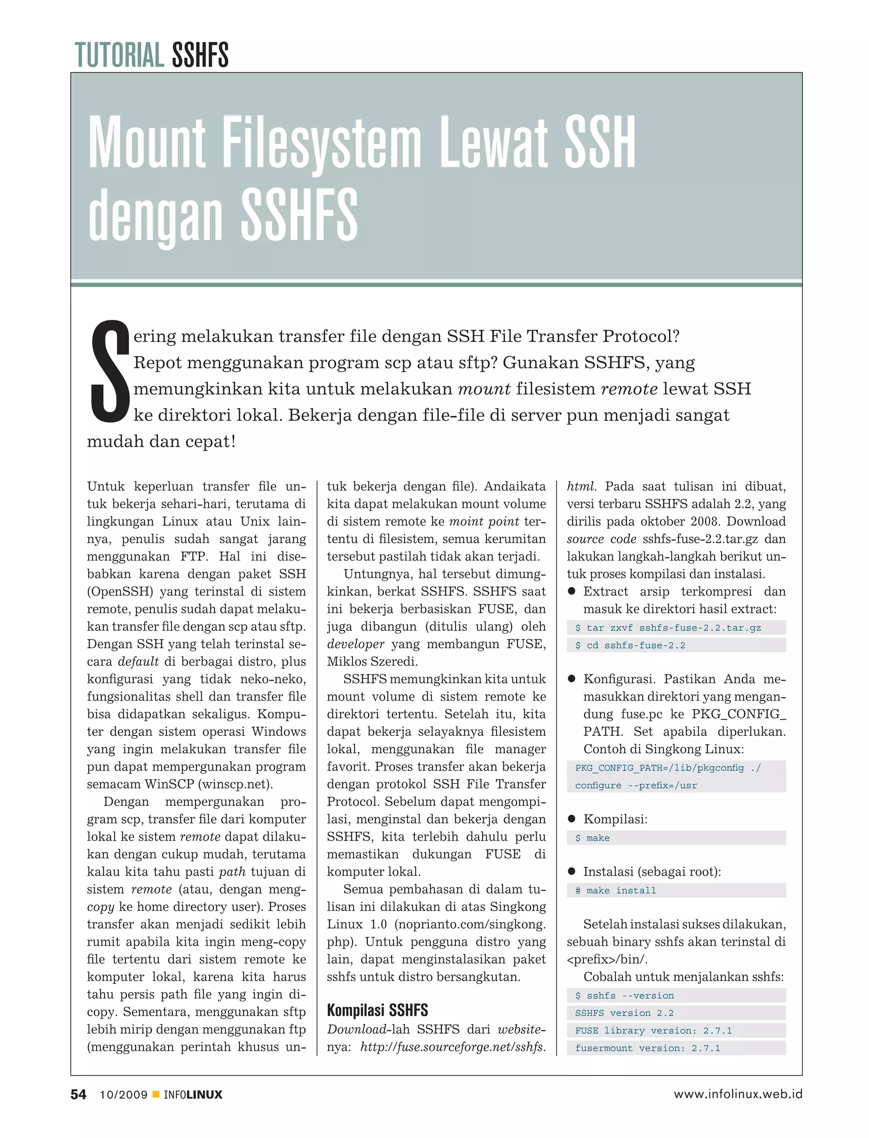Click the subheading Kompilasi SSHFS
pos(377,1010)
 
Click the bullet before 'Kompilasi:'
pos(572,819)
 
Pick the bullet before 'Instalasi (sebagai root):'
pos(572,871)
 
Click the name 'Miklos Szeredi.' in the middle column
pos(372,661)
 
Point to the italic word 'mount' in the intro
pos(484,389)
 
